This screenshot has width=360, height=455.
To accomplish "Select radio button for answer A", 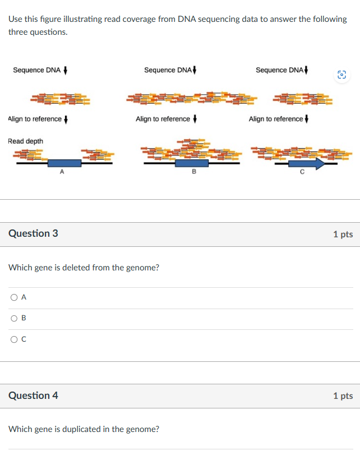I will click(13, 297).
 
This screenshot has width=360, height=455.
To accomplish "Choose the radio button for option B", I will click(13, 318).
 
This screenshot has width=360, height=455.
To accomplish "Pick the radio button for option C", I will click(13, 339).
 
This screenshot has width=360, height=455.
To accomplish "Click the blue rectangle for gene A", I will click(64, 163).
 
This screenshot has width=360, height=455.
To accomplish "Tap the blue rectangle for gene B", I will click(192, 163).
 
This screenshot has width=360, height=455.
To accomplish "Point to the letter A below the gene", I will click(62, 172).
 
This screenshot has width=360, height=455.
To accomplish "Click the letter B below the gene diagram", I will click(194, 172).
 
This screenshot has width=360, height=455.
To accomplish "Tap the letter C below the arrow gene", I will click(302, 172).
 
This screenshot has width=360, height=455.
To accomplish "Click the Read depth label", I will click(25, 141).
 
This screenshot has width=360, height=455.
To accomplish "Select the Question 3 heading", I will click(33, 233).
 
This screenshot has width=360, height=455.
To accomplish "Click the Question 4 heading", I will click(33, 396).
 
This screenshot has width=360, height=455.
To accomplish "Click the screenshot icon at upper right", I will click(342, 75).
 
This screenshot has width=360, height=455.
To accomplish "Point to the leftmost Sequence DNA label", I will click(37, 70).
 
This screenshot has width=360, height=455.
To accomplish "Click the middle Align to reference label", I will click(163, 119).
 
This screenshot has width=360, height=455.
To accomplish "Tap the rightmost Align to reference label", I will click(276, 119).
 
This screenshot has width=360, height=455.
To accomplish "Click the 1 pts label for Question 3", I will click(343, 234).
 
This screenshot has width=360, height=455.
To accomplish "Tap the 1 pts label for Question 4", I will click(343, 396).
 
